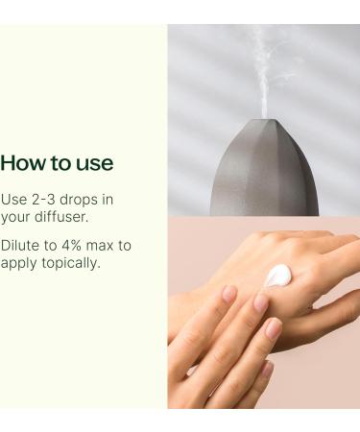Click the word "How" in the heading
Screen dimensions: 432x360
point(22,163)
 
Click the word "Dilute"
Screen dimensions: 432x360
point(21,246)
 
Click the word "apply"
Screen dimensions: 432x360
point(19,262)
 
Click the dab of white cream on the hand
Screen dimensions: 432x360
point(278,276)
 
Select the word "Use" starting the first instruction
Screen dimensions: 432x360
point(13,199)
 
